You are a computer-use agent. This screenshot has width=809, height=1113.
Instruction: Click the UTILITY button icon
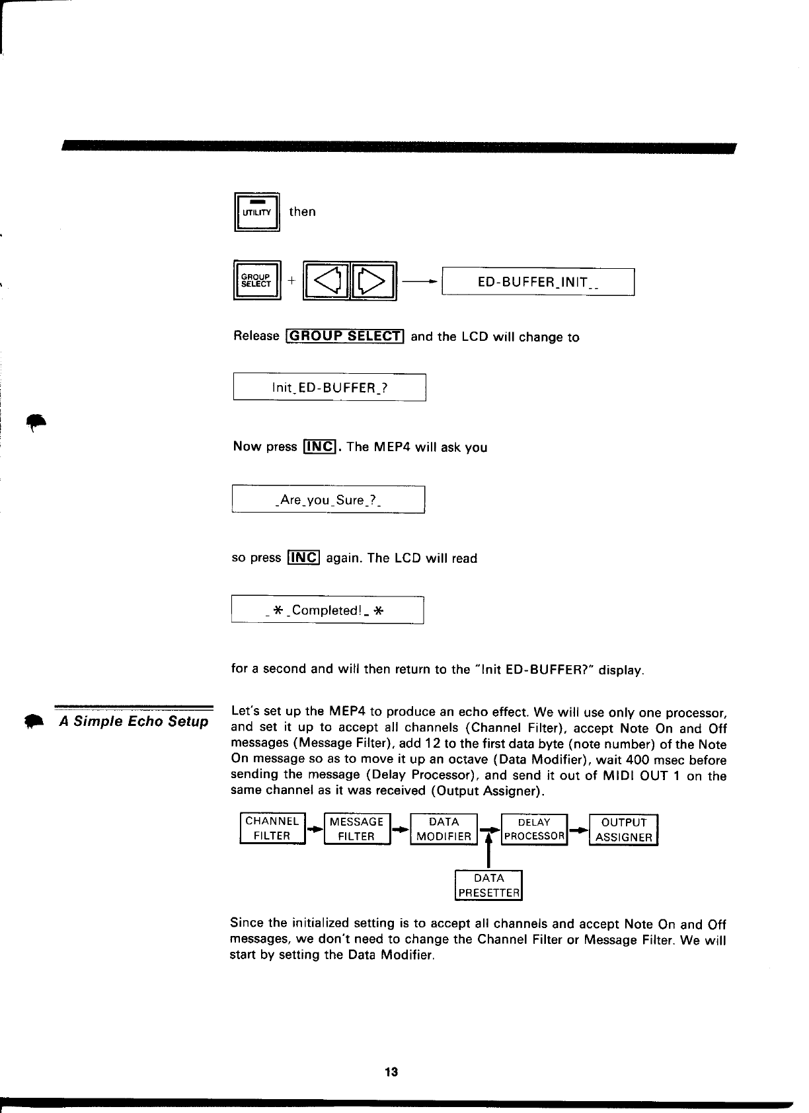[x=257, y=211]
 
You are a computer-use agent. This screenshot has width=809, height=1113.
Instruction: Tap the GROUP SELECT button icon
[x=257, y=281]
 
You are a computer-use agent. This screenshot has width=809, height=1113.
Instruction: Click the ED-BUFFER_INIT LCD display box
[x=538, y=282]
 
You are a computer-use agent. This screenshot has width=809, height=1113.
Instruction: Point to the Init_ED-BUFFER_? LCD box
[x=329, y=387]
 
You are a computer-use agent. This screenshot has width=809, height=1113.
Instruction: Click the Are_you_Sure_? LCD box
[x=328, y=499]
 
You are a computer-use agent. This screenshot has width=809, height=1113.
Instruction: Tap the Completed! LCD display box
[x=327, y=610]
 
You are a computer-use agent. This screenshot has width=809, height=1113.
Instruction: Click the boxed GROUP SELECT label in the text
[x=344, y=336]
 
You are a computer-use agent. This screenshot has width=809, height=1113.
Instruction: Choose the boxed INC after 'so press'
[x=304, y=558]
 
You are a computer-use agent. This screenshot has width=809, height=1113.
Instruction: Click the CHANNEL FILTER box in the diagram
[x=272, y=828]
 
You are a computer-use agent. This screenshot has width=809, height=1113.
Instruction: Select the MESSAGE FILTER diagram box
[x=357, y=829]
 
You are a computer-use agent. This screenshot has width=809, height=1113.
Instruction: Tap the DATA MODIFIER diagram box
[x=444, y=829]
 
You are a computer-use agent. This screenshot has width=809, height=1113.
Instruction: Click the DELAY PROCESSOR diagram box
[x=535, y=829]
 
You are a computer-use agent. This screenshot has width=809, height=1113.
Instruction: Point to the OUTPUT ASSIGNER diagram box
[x=623, y=830]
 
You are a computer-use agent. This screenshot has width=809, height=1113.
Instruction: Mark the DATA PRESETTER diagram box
[x=489, y=886]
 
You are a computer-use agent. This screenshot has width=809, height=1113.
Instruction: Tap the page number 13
[x=391, y=1072]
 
